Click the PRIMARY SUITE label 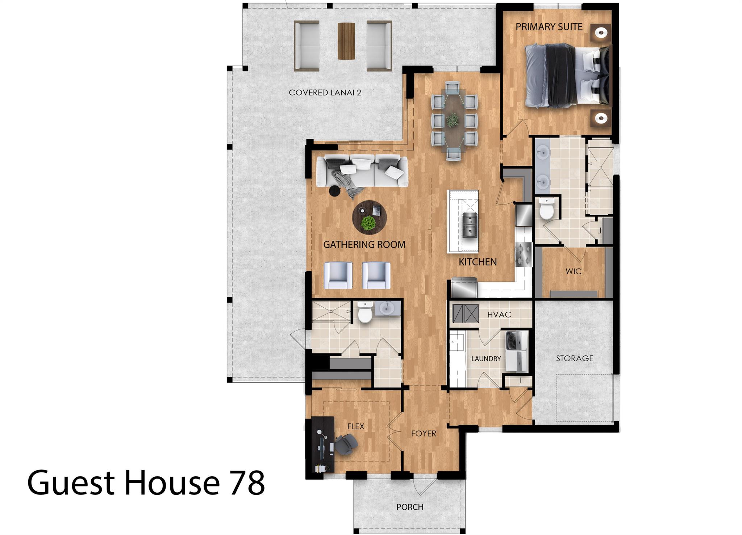tap(549, 27)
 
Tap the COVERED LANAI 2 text tap(325, 93)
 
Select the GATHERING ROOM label tap(364, 245)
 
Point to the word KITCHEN tap(478, 262)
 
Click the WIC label tap(573, 271)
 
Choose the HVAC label tap(499, 315)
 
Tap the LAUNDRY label tap(486, 359)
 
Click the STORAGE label tap(575, 358)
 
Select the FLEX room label tap(355, 426)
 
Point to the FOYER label tap(424, 433)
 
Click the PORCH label tap(410, 507)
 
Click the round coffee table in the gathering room tap(369, 218)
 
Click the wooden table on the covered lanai tap(346, 41)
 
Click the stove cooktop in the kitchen tap(524, 254)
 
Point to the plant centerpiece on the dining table tap(453, 120)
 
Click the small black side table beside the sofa tap(335, 191)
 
